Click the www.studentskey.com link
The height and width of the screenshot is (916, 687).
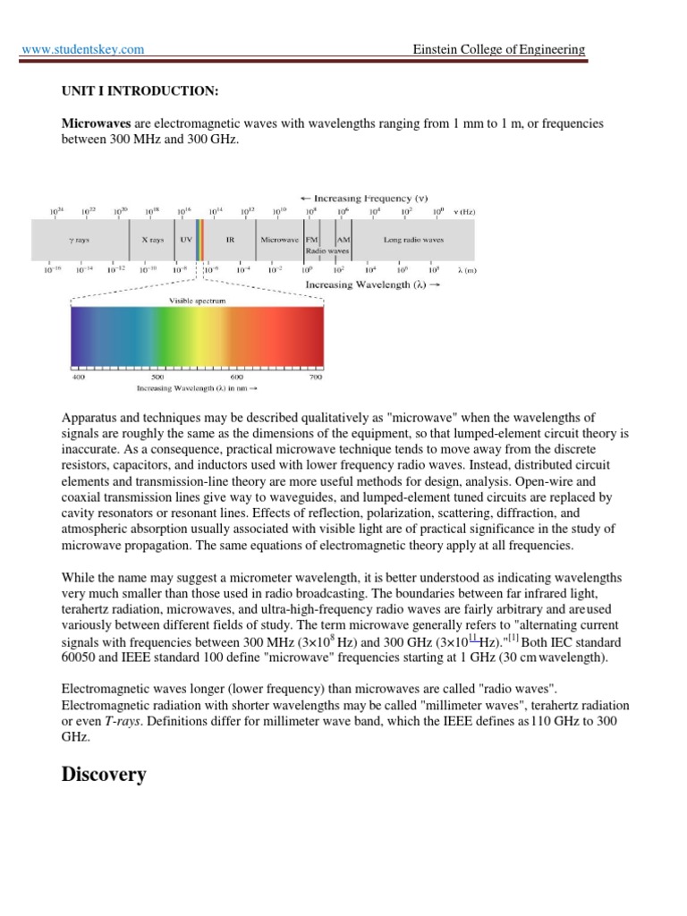tap(82, 49)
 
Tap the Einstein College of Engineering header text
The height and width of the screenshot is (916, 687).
tap(498, 49)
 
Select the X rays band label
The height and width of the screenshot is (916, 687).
tap(153, 241)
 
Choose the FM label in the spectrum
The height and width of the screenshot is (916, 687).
tap(312, 241)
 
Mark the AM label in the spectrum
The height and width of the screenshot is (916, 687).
tap(343, 241)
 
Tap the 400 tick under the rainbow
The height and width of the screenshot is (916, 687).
tap(78, 378)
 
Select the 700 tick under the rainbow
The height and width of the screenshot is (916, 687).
tap(315, 378)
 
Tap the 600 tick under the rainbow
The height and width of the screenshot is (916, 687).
tap(237, 378)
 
